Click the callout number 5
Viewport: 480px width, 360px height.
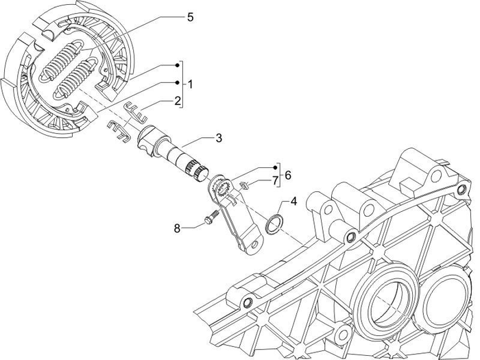(190, 16)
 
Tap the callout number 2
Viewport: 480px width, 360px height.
(177, 101)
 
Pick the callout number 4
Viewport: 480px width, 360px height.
(293, 202)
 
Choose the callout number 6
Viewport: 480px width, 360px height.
(287, 175)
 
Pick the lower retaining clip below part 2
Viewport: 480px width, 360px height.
(119, 130)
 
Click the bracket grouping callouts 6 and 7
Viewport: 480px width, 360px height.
(279, 175)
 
